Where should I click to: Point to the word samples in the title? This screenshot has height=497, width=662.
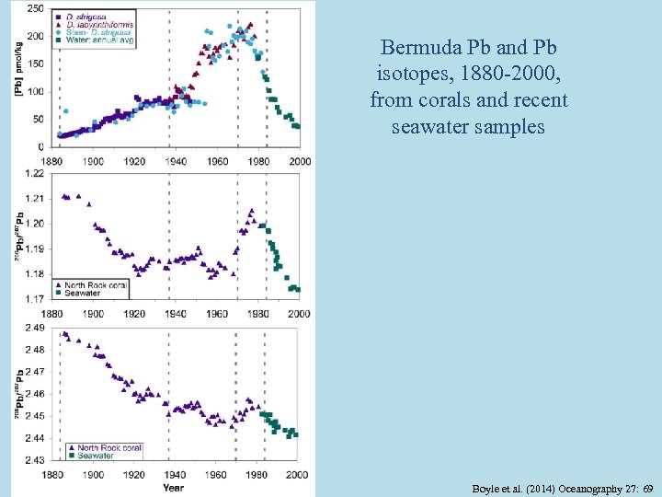[510, 126]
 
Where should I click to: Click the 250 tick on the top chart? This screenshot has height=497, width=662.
[35, 8]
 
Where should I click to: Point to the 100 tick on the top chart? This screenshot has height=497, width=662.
[35, 91]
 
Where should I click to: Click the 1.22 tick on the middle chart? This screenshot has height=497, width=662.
[34, 173]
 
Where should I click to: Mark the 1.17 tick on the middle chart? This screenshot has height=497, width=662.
[34, 298]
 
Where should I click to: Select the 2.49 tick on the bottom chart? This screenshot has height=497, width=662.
[34, 328]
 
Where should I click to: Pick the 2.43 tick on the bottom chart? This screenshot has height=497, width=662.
[34, 459]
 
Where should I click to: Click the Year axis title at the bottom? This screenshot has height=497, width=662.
[174, 487]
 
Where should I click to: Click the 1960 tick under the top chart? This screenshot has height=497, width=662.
[218, 161]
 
